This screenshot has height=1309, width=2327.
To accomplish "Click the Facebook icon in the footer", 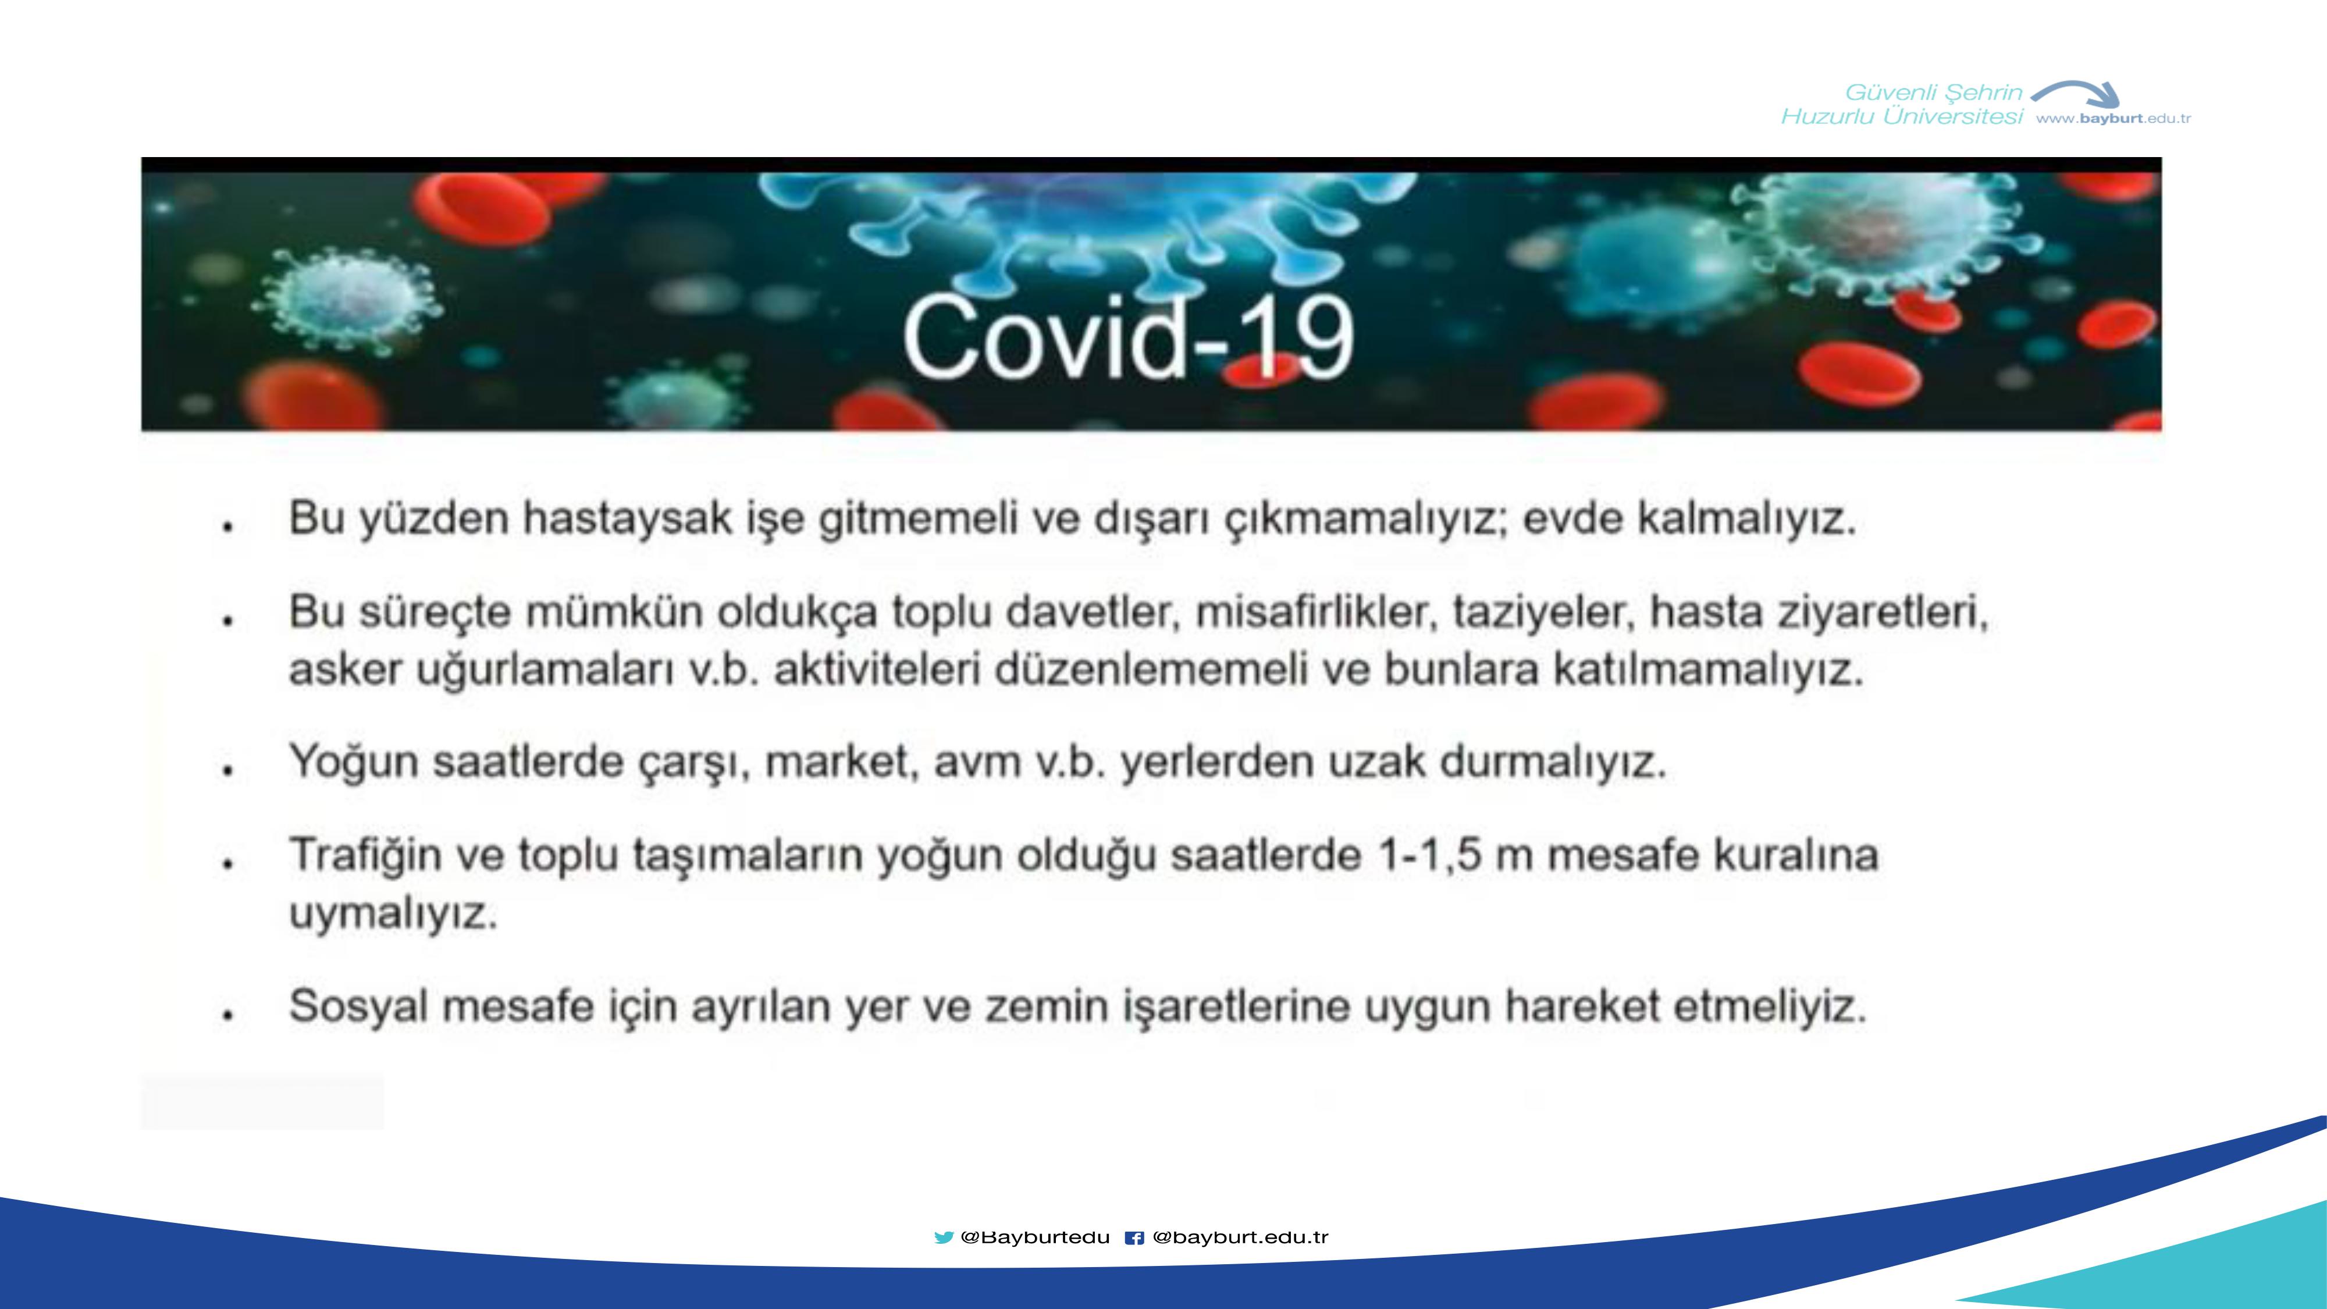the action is tap(1134, 1237).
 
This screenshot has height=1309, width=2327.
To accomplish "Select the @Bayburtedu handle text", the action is tap(1036, 1237).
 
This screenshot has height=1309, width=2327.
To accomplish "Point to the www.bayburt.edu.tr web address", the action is tap(2114, 118).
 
